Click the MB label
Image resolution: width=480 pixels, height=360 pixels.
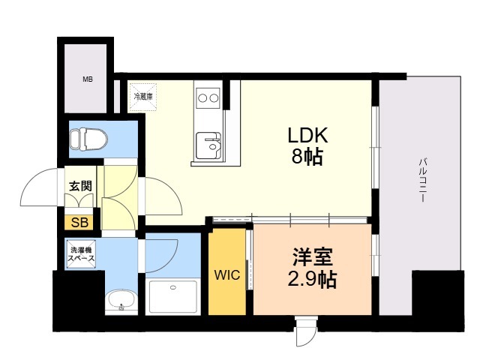click(x=88, y=79)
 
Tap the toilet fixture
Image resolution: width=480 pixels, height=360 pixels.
click(x=88, y=139)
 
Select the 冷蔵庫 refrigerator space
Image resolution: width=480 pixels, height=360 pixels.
click(x=142, y=97)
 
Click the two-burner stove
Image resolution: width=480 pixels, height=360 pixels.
click(x=208, y=98)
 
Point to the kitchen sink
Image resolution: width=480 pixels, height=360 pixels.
click(x=208, y=145)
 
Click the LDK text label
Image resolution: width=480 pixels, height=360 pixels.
click(x=307, y=135)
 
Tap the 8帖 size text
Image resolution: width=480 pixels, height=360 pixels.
click(x=307, y=157)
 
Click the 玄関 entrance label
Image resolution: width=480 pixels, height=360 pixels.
click(x=80, y=186)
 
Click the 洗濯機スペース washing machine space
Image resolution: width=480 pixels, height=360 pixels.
click(x=81, y=254)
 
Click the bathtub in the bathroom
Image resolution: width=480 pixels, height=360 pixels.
click(x=173, y=296)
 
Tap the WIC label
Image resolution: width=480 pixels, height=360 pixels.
click(x=227, y=275)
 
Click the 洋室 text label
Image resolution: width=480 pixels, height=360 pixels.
click(x=312, y=256)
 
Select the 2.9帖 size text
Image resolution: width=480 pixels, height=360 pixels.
click(x=312, y=279)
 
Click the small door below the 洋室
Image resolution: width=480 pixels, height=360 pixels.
click(x=307, y=332)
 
